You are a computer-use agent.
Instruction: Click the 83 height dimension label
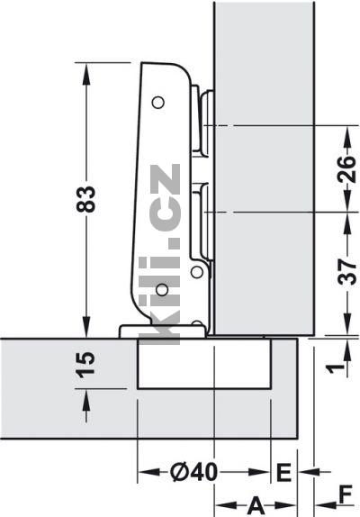tap(86, 199)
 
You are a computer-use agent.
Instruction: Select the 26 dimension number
tap(346, 169)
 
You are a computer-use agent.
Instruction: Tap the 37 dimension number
tap(346, 272)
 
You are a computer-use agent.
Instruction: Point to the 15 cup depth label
tap(85, 365)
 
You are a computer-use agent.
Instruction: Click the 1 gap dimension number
tap(336, 367)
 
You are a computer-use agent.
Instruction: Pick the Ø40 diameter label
tap(194, 472)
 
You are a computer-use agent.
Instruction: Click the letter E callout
tap(283, 472)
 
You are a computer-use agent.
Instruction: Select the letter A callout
tap(256, 505)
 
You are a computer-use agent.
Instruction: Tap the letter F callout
tap(346, 494)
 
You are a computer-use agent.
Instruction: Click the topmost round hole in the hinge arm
tap(158, 103)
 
